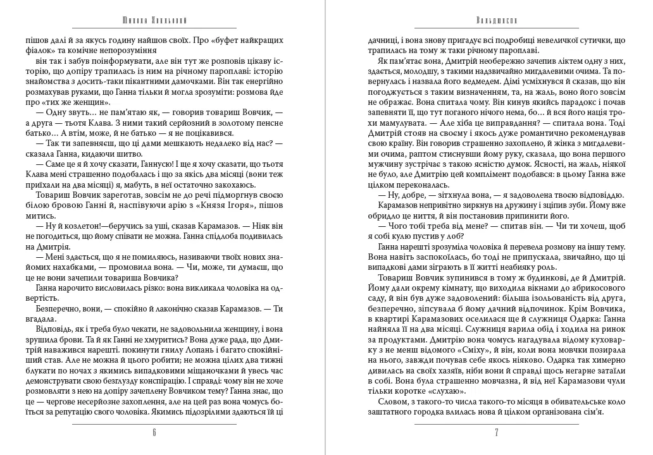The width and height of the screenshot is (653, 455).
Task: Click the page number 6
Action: click(x=154, y=433)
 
